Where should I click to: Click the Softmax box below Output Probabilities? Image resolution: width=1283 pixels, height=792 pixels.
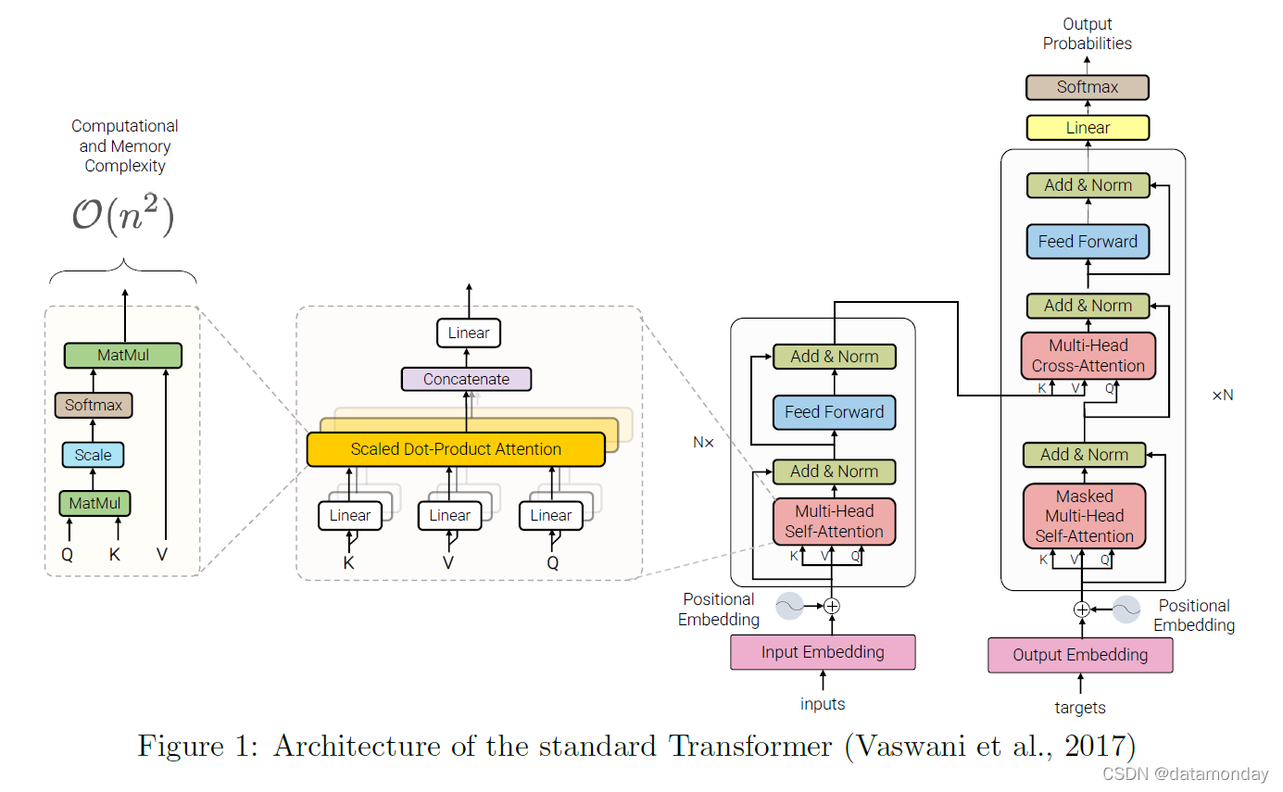click(1088, 87)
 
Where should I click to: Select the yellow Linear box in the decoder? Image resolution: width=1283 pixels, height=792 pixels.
click(1088, 128)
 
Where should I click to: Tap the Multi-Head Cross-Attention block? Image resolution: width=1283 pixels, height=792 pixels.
click(1088, 356)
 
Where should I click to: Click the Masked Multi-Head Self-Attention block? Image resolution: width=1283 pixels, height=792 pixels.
click(1084, 516)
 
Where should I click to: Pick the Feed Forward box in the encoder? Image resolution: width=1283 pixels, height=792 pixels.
click(834, 412)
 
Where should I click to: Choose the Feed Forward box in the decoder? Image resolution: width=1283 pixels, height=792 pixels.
click(1088, 242)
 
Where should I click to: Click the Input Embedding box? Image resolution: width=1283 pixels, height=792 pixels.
click(823, 652)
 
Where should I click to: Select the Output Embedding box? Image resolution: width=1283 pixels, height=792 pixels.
click(1080, 655)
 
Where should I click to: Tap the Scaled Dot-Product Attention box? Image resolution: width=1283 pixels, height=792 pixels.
click(456, 449)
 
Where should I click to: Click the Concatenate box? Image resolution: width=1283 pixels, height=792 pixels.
click(467, 379)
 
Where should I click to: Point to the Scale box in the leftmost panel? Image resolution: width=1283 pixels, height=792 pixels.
click(93, 455)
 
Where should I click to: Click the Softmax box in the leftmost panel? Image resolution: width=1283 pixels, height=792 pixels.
click(94, 405)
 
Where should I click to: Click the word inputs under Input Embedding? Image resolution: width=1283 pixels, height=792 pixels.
click(823, 704)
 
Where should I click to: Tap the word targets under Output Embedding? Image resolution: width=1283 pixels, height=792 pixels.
click(1080, 708)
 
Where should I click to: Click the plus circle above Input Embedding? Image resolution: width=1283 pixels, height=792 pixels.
click(832, 606)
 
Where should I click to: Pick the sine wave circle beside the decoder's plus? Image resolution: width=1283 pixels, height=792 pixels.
click(1126, 609)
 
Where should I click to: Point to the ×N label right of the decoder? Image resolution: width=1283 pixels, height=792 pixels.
click(1223, 396)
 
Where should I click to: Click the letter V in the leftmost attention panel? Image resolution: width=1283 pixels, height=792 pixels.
click(163, 555)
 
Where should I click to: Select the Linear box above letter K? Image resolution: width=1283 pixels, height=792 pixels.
click(350, 516)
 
